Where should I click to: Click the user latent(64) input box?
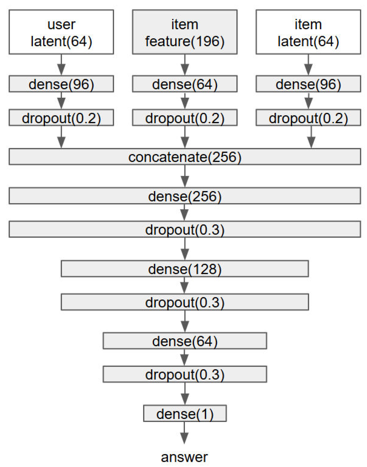click(61, 32)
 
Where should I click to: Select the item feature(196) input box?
click(185, 32)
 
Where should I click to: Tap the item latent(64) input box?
click(308, 32)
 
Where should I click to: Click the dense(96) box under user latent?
click(61, 84)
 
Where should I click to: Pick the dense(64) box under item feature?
click(185, 84)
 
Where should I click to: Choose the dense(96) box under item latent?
click(308, 84)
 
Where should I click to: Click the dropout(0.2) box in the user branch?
click(61, 118)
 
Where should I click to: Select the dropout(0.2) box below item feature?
click(185, 118)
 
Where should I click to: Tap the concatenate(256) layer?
click(185, 157)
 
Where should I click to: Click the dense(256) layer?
click(185, 196)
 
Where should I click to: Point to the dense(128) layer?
click(185, 269)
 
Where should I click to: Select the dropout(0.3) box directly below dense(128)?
click(185, 302)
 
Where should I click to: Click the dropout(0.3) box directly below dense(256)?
click(185, 229)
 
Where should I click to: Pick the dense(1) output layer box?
click(185, 413)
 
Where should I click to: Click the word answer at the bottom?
click(184, 457)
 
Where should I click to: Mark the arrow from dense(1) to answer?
click(184, 433)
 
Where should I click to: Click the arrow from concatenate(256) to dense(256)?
click(185, 176)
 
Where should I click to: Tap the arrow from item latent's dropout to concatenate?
click(311, 137)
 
